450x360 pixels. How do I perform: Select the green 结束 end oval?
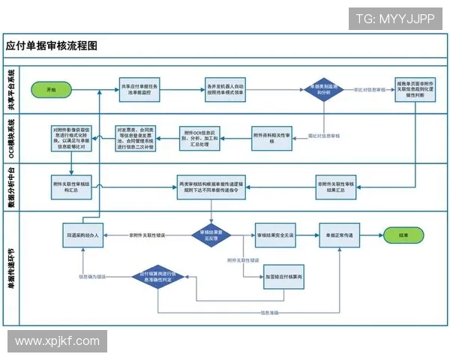pyautogui.click(x=403, y=235)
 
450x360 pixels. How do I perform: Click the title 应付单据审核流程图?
pyautogui.click(x=52, y=46)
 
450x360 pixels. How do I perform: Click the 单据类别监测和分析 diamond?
pyautogui.click(x=323, y=89)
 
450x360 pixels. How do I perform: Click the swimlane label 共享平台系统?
pyautogui.click(x=11, y=89)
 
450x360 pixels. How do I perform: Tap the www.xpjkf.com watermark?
pyautogui.click(x=57, y=341)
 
